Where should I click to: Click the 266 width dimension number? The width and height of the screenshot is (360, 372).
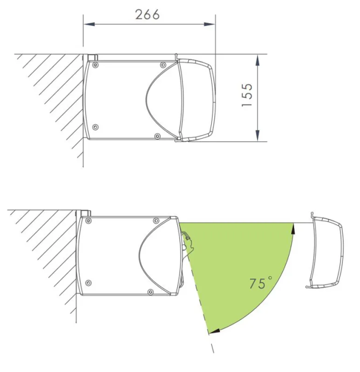point(147,14)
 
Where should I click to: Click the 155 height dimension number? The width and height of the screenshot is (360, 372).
point(247,95)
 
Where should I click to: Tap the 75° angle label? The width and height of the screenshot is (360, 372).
point(260,282)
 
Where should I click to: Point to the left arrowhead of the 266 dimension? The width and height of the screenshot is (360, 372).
point(89,24)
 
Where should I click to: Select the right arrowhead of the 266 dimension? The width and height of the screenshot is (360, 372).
point(209,24)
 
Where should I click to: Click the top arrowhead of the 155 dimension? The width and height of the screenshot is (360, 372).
point(258,60)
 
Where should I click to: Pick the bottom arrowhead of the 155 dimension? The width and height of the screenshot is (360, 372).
point(258,136)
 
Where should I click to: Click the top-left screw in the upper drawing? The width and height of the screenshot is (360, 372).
point(95,65)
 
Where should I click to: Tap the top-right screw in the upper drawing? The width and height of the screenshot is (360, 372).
point(163,65)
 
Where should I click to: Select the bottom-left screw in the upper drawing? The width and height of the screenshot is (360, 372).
point(95,127)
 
